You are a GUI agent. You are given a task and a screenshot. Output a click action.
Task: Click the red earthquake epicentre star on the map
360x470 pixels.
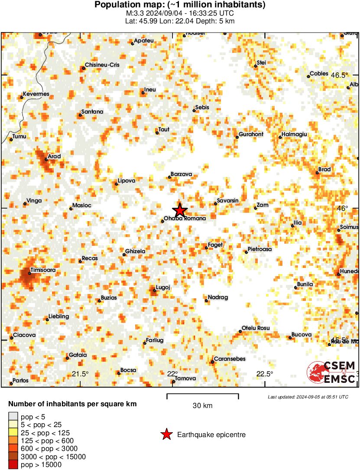pyautogui.click(x=180, y=210)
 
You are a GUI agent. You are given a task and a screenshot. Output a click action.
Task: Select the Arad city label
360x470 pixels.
pyautogui.click(x=54, y=157)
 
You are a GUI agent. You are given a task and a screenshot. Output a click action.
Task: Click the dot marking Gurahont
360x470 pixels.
pyautogui.click(x=237, y=137)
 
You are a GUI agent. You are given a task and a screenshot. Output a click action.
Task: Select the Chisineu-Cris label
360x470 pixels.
pyautogui.click(x=102, y=65)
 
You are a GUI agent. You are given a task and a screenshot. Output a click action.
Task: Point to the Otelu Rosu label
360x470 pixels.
pyautogui.click(x=256, y=328)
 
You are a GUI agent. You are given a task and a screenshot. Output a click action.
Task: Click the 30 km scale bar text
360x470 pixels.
pyautogui.click(x=202, y=406)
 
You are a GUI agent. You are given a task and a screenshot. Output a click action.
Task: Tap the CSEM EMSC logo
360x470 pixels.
pyautogui.click(x=332, y=372)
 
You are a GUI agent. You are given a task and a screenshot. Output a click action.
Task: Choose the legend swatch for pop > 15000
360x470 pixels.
pyautogui.click(x=13, y=464)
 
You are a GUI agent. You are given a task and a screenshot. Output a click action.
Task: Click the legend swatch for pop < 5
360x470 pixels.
pyautogui.click(x=13, y=417)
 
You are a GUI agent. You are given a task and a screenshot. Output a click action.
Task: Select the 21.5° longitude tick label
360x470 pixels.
pyautogui.click(x=80, y=374)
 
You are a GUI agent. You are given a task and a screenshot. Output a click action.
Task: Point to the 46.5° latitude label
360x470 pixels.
pyautogui.click(x=340, y=75)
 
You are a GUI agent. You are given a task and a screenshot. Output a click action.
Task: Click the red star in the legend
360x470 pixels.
pyautogui.click(x=166, y=434)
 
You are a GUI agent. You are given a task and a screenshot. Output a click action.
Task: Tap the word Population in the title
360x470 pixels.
pyautogui.click(x=115, y=5)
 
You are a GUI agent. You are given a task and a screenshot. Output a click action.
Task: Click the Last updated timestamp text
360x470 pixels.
pyautogui.click(x=308, y=397)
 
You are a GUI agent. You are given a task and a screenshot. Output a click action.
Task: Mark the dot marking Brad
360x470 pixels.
pyautogui.click(x=317, y=173)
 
